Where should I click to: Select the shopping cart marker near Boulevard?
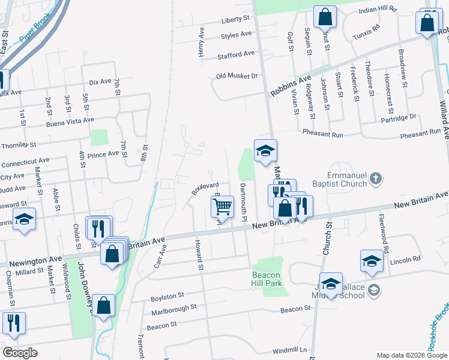pyautogui.click(x=222, y=207)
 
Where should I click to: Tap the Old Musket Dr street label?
pyautogui.click(x=237, y=76)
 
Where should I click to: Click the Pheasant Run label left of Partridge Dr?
pyautogui.click(x=323, y=134)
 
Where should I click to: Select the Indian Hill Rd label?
pyautogui.click(x=378, y=10)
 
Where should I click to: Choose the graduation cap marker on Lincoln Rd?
pyautogui.click(x=372, y=261)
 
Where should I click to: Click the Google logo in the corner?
pyautogui.click(x=20, y=353)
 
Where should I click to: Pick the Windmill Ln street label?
pyautogui.click(x=289, y=350)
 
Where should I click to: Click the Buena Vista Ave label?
pyautogui.click(x=70, y=121)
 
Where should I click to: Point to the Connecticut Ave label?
pyautogui.click(x=25, y=161)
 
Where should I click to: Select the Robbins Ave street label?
pyautogui.click(x=291, y=86)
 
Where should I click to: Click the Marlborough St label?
pyautogui.click(x=174, y=308)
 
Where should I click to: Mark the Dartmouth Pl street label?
pyautogui.click(x=244, y=202)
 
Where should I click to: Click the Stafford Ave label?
pyautogui.click(x=236, y=54)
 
